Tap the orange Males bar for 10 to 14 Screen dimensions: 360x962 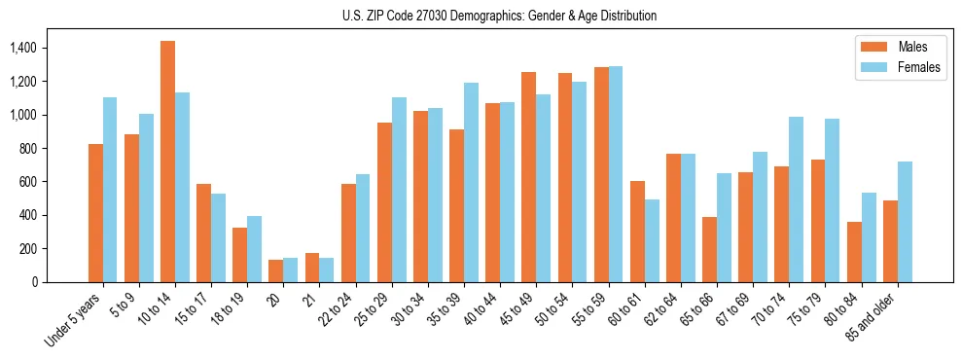pyautogui.click(x=167, y=162)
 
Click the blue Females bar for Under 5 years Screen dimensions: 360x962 pyautogui.click(x=110, y=190)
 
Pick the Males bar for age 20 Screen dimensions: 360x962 pyautogui.click(x=275, y=270)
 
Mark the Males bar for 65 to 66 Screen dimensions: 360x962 pyautogui.click(x=709, y=249)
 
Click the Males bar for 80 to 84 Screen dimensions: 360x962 pyautogui.click(x=854, y=252)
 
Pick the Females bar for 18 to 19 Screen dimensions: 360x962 pyautogui.click(x=254, y=249)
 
